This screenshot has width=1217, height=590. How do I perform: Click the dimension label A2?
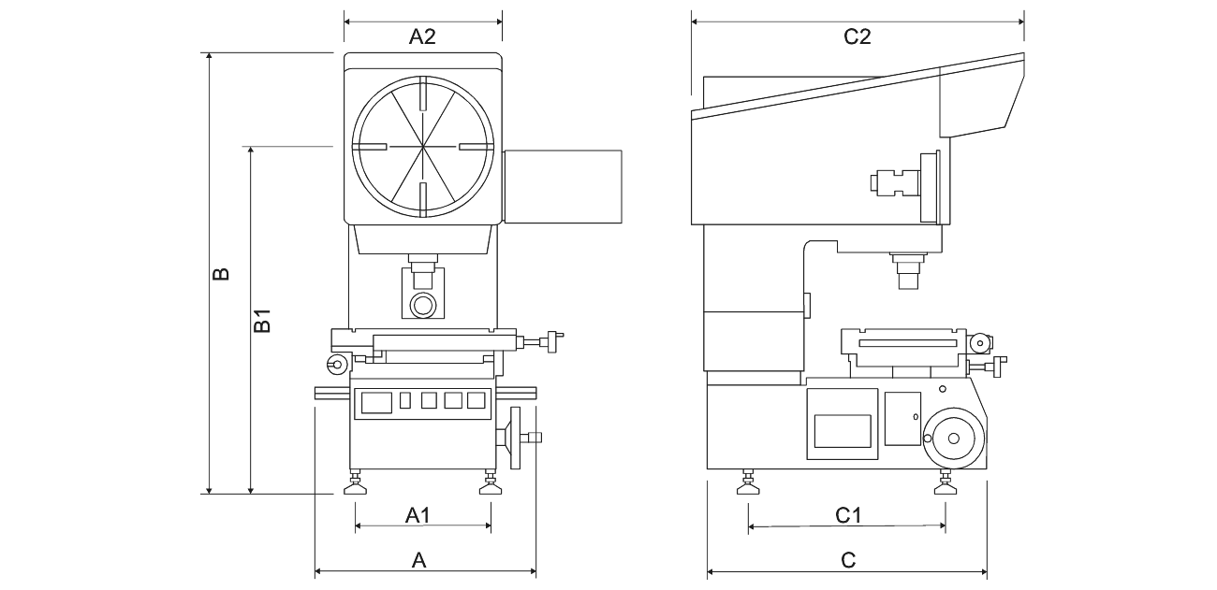(x=423, y=37)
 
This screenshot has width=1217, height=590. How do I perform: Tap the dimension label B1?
(x=264, y=320)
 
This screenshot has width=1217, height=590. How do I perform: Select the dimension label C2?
(x=858, y=37)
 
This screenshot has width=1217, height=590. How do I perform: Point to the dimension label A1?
(x=418, y=514)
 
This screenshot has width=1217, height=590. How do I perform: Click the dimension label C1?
(x=848, y=514)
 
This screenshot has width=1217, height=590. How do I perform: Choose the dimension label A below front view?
(x=419, y=560)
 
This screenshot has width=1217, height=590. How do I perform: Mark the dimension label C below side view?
(x=848, y=560)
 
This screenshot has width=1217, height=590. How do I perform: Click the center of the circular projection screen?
(x=422, y=147)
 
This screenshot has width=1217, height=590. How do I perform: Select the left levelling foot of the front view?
(x=356, y=484)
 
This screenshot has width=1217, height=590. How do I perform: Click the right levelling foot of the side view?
(x=944, y=484)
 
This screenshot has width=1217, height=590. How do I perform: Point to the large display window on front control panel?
(x=375, y=402)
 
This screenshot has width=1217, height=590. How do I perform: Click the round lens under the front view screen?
(x=422, y=304)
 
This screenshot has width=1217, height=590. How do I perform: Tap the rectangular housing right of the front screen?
(x=563, y=185)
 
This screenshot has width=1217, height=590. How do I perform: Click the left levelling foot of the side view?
(x=747, y=484)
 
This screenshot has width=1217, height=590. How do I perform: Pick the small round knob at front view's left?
(x=336, y=364)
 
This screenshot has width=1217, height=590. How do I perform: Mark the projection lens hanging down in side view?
(x=907, y=271)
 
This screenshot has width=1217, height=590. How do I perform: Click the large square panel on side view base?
(x=843, y=424)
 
